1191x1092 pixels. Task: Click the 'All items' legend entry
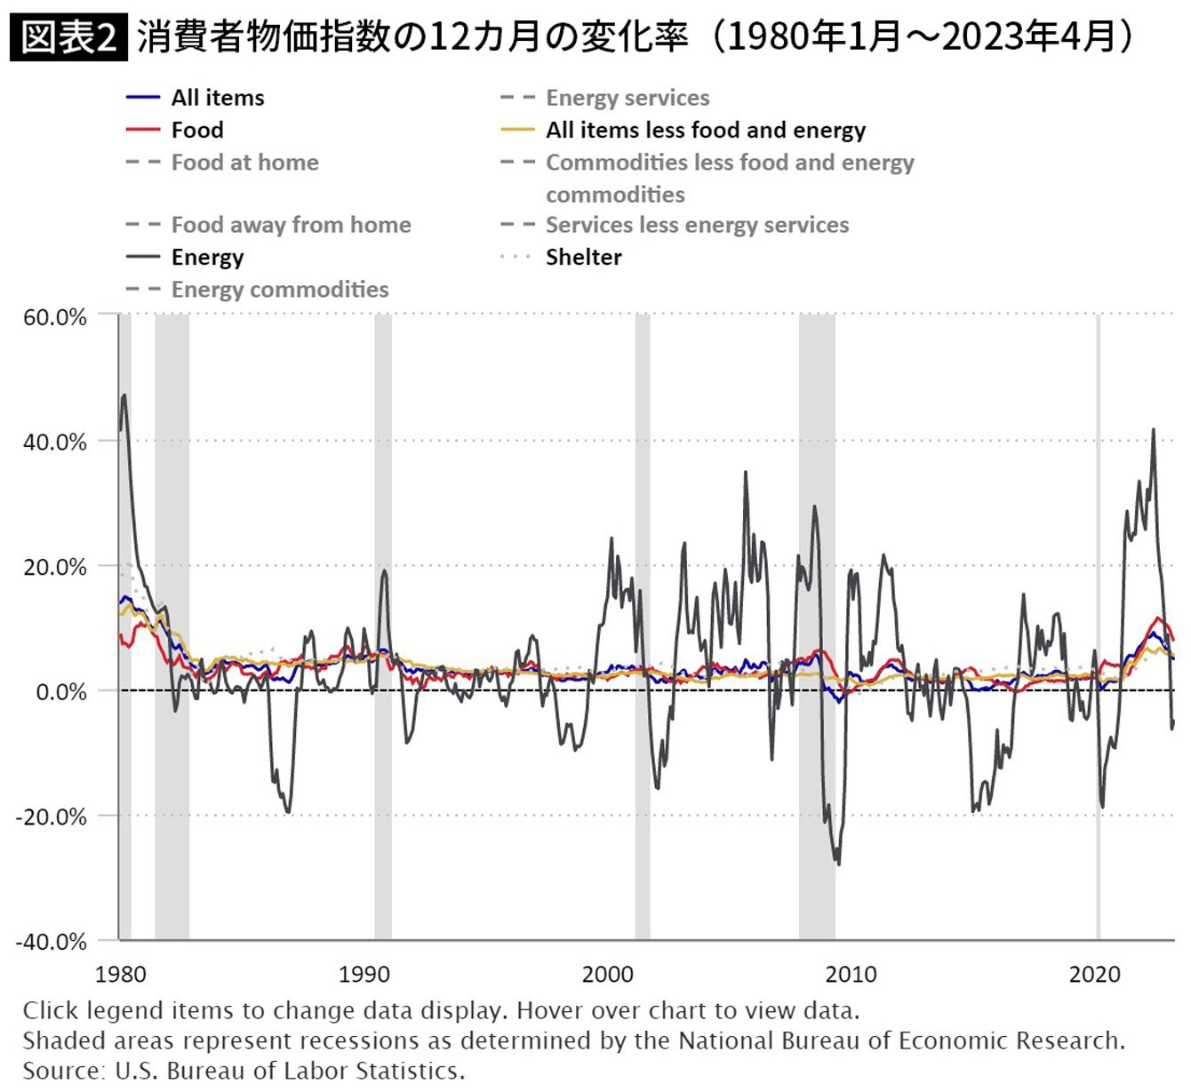pyautogui.click(x=217, y=98)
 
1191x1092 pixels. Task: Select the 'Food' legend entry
pyautogui.click(x=196, y=130)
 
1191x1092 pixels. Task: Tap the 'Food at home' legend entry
pyautogui.click(x=244, y=163)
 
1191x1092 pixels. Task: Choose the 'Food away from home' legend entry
pyautogui.click(x=291, y=225)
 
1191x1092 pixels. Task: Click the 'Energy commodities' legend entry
pyautogui.click(x=279, y=290)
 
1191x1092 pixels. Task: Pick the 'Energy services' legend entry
pyautogui.click(x=627, y=98)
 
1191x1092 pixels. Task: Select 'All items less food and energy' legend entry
pyautogui.click(x=705, y=130)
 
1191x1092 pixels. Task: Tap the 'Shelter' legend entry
pyautogui.click(x=583, y=257)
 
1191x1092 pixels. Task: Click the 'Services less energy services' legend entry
pyautogui.click(x=697, y=225)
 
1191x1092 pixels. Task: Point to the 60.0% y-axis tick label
pyautogui.click(x=55, y=317)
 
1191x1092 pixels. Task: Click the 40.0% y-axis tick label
pyautogui.click(x=55, y=442)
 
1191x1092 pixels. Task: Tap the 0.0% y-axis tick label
pyautogui.click(x=60, y=691)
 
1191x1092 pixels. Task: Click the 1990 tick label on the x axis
pyautogui.click(x=364, y=974)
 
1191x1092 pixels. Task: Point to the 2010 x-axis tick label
pyautogui.click(x=851, y=974)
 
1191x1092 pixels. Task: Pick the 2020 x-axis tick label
pyautogui.click(x=1094, y=974)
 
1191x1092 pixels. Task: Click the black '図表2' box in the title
pyautogui.click(x=68, y=37)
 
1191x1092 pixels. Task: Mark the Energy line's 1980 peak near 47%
pyautogui.click(x=124, y=395)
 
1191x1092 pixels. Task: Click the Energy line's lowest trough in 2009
pyautogui.click(x=838, y=863)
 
